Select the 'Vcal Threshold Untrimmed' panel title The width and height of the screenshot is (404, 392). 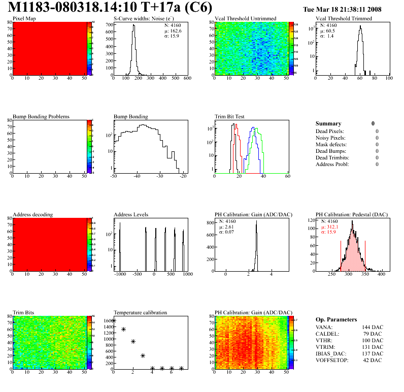pos(245,19)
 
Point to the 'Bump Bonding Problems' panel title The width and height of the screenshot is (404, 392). pos(41,117)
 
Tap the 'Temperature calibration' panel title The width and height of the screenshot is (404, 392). pos(141,313)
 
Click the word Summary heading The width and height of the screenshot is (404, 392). pos(328,123)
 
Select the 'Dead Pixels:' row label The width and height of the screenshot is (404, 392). pos(330,131)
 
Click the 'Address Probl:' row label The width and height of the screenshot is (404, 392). pos(332,164)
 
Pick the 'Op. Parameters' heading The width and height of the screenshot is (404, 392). pos(336,319)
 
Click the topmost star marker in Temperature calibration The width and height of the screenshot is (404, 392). pos(114,320)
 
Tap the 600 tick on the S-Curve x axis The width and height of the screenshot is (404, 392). pos(187,79)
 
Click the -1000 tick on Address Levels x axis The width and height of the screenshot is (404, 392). pos(120,274)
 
